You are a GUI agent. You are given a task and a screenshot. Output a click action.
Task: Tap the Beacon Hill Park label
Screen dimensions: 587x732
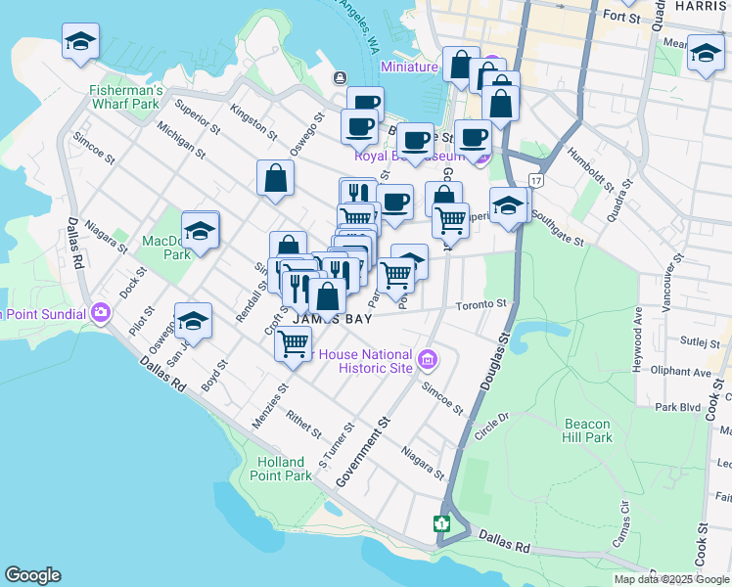point(588,430)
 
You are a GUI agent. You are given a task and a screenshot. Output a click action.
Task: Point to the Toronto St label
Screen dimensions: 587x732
point(481,305)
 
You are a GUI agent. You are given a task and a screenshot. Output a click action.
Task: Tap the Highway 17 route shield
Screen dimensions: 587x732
point(535,181)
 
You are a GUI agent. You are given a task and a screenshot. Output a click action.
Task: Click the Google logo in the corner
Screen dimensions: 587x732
point(32,575)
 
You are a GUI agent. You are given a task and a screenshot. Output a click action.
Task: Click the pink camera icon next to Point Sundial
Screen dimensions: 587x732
point(101,314)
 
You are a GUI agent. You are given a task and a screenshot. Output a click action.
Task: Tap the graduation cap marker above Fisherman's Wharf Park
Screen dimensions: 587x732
point(80,41)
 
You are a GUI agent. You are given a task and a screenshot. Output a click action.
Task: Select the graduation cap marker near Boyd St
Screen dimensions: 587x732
point(193,321)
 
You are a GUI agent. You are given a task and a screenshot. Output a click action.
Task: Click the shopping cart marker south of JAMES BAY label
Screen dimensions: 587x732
point(294,343)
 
